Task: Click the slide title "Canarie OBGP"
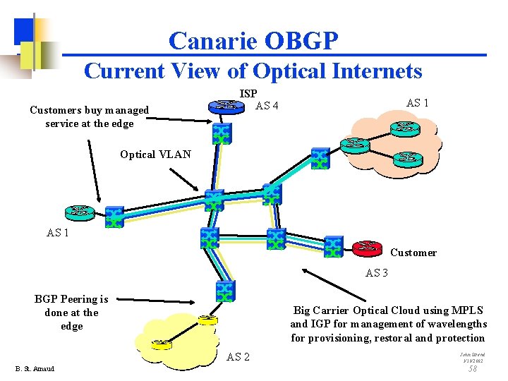[x=253, y=41]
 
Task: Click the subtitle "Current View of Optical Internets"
[x=253, y=71]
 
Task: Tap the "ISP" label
[x=248, y=93]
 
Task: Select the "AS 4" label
[x=267, y=107]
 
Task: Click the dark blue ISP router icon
[x=225, y=107]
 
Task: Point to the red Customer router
[x=365, y=247]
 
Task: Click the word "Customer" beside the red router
[x=413, y=253]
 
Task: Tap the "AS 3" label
[x=377, y=273]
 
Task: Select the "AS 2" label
[x=238, y=357]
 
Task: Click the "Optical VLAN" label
[x=155, y=155]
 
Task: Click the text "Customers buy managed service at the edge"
[x=89, y=116]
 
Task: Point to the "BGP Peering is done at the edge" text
[x=71, y=313]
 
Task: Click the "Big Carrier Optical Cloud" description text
[x=388, y=324]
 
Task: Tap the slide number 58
[x=473, y=369]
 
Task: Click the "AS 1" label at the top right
[x=418, y=102]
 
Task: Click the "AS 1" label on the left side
[x=58, y=232]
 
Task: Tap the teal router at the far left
[x=79, y=211]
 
